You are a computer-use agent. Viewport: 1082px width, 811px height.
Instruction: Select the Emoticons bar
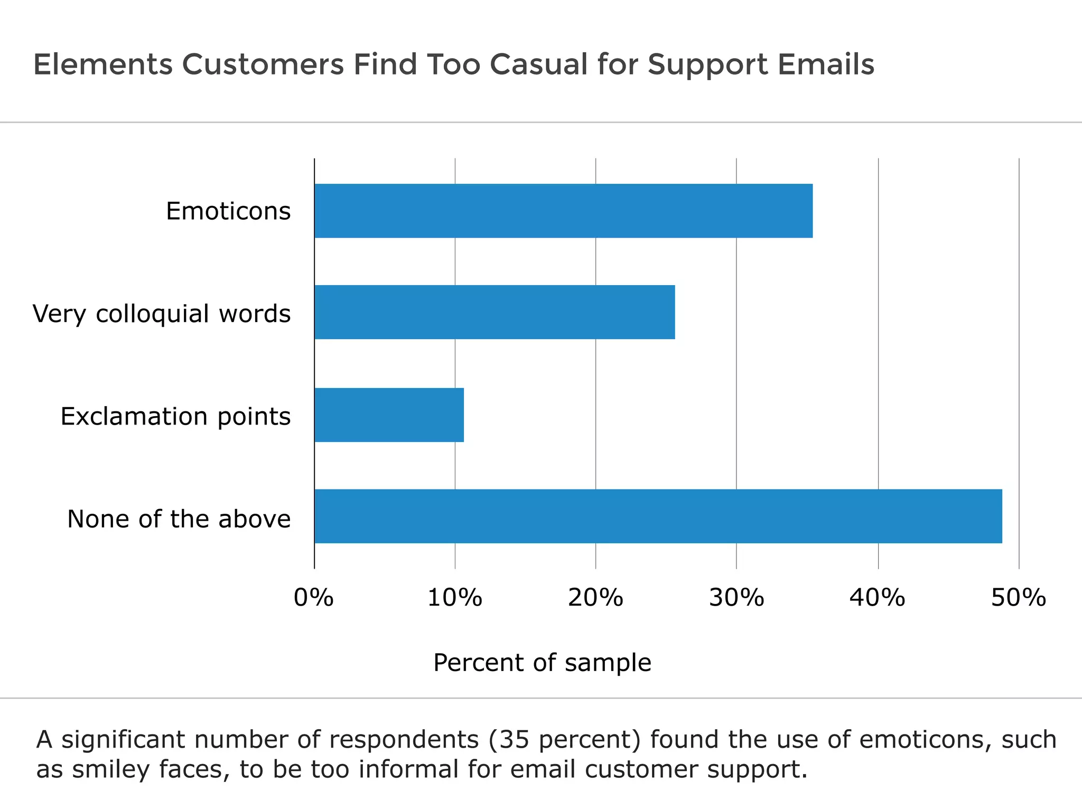[563, 211]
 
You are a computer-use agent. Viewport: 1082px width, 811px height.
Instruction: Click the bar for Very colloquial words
[495, 312]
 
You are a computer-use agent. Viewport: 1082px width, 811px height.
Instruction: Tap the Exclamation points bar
[389, 415]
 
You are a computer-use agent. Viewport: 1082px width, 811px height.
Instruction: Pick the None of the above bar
[658, 516]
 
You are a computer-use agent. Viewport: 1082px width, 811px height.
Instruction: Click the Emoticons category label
[228, 211]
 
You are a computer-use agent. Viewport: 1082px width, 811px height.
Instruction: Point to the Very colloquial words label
[162, 314]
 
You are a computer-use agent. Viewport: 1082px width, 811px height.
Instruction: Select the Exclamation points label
[175, 417]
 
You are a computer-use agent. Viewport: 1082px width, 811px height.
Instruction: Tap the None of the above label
[179, 519]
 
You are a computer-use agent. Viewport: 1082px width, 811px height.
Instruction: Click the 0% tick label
[313, 598]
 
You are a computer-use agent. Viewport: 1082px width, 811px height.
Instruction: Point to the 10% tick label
[454, 598]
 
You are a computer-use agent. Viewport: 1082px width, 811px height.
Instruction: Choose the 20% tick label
[595, 598]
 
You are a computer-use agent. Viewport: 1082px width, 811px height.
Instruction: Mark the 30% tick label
[736, 598]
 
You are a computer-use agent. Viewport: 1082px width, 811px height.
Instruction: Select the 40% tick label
[877, 598]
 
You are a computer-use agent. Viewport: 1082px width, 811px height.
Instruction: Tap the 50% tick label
[1018, 598]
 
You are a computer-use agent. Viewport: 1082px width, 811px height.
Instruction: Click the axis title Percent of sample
[542, 663]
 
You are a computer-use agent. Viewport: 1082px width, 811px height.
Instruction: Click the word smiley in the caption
[111, 770]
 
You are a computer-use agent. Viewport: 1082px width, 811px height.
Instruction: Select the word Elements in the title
[102, 64]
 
